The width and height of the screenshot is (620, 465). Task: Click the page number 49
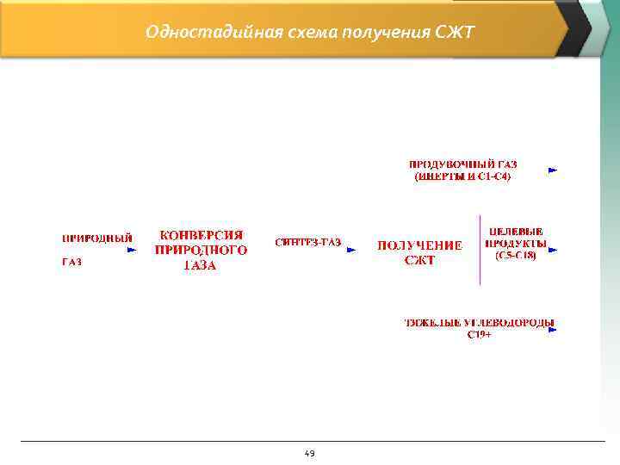(310, 453)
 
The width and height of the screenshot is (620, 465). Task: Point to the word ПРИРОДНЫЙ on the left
(97, 239)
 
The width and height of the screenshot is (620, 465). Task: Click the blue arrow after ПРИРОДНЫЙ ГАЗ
(132, 251)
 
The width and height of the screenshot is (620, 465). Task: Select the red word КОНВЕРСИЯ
(201, 234)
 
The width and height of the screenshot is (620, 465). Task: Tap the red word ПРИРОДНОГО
(201, 250)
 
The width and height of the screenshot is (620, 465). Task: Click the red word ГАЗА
(200, 265)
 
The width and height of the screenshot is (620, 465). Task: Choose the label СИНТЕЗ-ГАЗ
(308, 242)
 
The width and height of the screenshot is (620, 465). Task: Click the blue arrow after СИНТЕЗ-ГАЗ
(351, 251)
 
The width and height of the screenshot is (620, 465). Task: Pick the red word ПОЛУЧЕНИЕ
(419, 245)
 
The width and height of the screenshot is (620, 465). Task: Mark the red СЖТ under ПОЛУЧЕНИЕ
(419, 260)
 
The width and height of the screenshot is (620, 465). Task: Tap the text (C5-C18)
(516, 256)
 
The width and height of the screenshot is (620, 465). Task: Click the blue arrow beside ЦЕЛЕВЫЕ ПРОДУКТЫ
(553, 251)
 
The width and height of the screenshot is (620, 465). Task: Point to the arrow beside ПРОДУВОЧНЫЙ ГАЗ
(553, 170)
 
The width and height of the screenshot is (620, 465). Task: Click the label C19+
(480, 334)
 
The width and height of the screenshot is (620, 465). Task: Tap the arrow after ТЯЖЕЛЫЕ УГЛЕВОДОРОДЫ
(553, 328)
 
